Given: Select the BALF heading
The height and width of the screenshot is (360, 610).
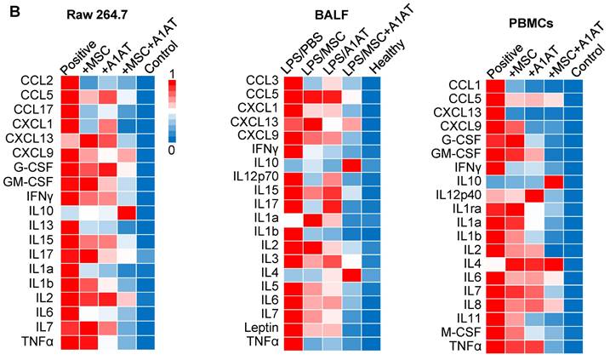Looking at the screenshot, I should click(x=332, y=15).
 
